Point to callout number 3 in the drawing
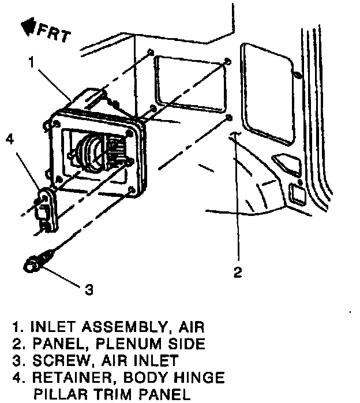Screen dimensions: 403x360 tap(88, 289)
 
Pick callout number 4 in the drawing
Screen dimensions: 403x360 tap(10, 139)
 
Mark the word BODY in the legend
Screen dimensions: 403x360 tap(149, 379)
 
